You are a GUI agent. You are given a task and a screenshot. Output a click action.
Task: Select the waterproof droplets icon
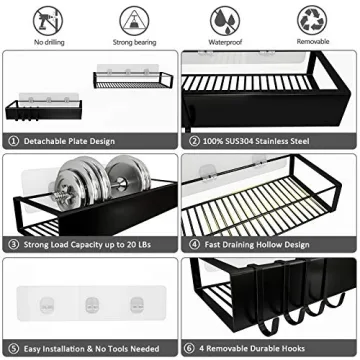224,18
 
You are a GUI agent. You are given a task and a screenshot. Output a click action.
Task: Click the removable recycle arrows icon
312,18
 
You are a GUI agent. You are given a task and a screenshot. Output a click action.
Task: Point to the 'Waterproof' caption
224,42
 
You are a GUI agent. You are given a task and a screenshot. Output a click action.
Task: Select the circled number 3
13,242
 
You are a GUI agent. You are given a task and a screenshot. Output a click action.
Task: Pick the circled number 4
192,242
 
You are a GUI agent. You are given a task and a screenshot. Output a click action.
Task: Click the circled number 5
13,347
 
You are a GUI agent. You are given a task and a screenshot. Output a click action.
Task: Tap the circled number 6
192,347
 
